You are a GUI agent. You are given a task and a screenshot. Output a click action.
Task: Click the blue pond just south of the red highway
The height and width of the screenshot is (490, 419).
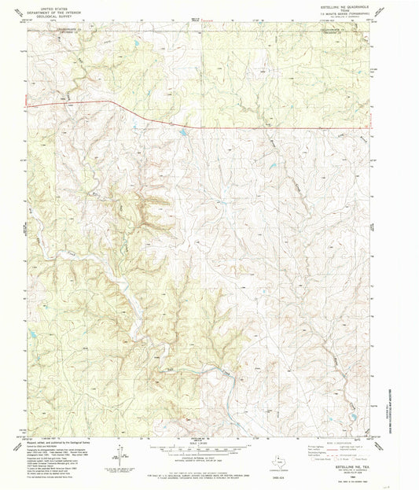pyautogui.click(x=182, y=133)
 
